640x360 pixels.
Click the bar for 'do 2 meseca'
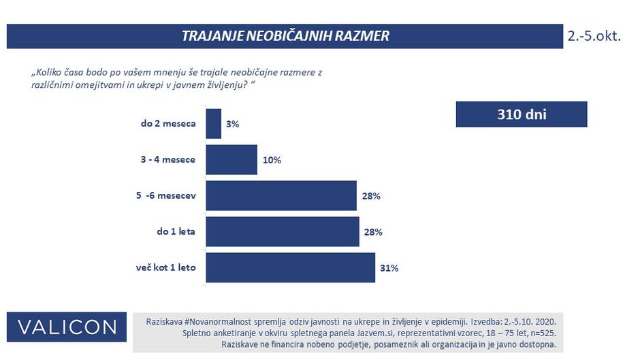pyautogui.click(x=213, y=124)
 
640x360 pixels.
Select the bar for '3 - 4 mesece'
pyautogui.click(x=231, y=160)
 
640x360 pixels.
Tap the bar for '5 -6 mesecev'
pyautogui.click(x=281, y=196)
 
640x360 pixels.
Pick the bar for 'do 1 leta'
pyautogui.click(x=282, y=231)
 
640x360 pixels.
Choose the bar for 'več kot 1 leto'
pyautogui.click(x=290, y=267)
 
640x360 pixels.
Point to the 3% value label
pyautogui.click(x=233, y=125)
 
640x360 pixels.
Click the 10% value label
pyautogui.click(x=271, y=161)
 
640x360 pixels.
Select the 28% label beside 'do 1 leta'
pyautogui.click(x=372, y=232)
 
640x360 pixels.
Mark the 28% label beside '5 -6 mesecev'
pyautogui.click(x=370, y=197)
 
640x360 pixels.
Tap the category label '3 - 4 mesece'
pyautogui.click(x=167, y=160)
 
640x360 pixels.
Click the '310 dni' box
pyautogui.click(x=521, y=114)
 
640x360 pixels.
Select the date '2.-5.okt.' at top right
pyautogui.click(x=594, y=36)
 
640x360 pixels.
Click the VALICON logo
pyautogui.click(x=67, y=327)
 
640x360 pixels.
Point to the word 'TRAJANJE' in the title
pyautogui.click(x=208, y=36)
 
